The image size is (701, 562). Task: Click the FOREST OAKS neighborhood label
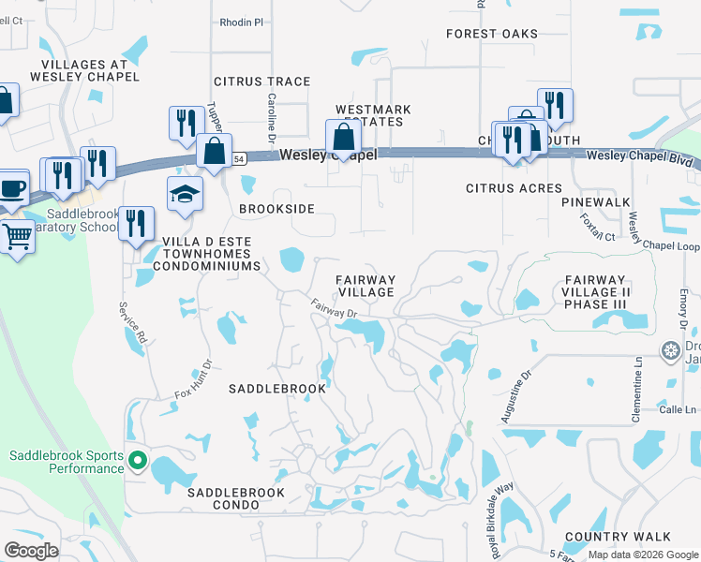coord(492,34)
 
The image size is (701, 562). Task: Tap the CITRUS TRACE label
coord(261,81)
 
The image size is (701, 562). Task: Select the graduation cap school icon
coord(185,194)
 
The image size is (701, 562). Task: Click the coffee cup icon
coord(12,186)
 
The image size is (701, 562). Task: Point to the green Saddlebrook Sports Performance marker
coord(138,460)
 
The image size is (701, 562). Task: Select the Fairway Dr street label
coord(335,307)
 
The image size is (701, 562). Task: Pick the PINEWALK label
coord(596,202)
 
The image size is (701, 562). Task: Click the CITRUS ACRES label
coord(515,188)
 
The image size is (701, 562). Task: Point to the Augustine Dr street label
coord(515,396)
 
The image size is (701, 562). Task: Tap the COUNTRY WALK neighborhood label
coord(618,536)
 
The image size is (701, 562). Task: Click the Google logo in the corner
coord(31,551)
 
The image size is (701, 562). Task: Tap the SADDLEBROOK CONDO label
coord(222,498)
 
